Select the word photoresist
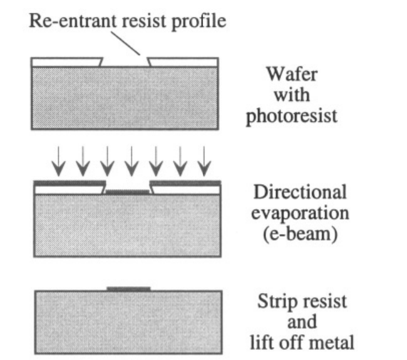click(292, 116)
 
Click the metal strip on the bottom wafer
click(128, 289)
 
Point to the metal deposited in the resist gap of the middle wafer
click(128, 192)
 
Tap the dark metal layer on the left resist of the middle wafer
click(69, 182)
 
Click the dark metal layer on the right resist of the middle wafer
click(185, 182)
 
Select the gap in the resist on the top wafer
click(126, 62)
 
